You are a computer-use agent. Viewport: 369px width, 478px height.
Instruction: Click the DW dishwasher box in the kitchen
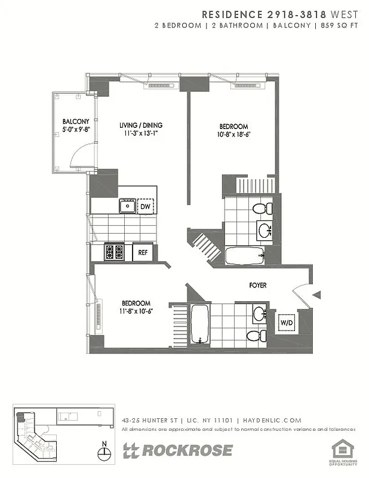pyautogui.click(x=146, y=207)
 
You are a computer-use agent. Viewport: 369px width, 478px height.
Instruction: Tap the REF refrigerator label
pyautogui.click(x=143, y=252)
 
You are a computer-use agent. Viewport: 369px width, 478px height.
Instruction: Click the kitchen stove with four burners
pyautogui.click(x=114, y=252)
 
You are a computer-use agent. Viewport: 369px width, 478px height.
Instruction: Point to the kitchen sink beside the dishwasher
pyautogui.click(x=127, y=207)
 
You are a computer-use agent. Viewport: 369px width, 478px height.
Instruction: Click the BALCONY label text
pyautogui.click(x=75, y=121)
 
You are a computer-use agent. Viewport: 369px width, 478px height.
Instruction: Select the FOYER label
pyautogui.click(x=258, y=286)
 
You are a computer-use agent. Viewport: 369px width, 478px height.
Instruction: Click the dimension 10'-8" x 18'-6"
pyautogui.click(x=234, y=135)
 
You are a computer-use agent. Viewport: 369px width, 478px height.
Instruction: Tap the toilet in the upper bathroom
pyautogui.click(x=261, y=209)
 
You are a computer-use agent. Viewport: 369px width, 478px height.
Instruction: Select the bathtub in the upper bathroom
pyautogui.click(x=245, y=256)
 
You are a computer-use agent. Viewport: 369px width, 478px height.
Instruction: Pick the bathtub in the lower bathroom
pyautogui.click(x=198, y=324)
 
